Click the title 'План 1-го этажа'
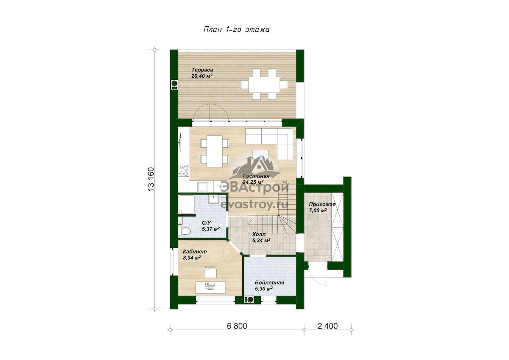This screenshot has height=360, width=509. coord(236,30)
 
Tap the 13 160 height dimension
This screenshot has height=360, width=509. coord(151,179)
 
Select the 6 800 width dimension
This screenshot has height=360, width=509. coord(237,326)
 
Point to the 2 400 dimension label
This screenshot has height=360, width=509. coord(327,326)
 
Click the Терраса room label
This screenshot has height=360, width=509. coord(202,70)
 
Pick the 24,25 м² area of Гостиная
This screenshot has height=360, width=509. coord(253,182)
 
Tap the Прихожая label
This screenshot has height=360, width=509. coord(322,205)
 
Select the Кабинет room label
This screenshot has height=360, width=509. coord(195,251)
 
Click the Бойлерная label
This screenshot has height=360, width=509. coord(269,283)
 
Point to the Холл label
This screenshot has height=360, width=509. coord(259,234)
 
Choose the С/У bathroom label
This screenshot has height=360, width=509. coord(207,222)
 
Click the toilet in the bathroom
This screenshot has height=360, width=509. coord(184,231)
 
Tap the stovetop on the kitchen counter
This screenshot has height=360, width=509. coord(184,171)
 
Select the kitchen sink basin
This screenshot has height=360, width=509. coord(202,187)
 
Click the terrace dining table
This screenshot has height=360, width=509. coord(264,84)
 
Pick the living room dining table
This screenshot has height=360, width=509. coord(214,151)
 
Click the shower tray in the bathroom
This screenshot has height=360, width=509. coord(187,205)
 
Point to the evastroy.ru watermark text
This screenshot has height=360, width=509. coord(255,205)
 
